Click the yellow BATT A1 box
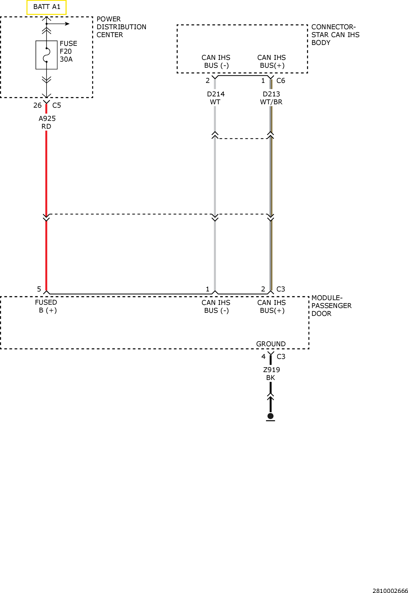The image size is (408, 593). tap(46, 7)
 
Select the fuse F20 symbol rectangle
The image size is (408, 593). tap(46, 55)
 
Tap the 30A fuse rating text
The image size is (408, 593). tap(66, 59)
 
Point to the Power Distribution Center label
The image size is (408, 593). tap(121, 27)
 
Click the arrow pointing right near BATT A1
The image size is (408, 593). tap(58, 24)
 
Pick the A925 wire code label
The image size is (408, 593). tap(47, 119)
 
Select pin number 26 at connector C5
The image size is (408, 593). tap(37, 105)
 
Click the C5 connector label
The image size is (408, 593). tap(57, 105)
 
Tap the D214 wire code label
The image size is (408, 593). tap(216, 94)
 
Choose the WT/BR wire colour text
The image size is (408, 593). tap(271, 102)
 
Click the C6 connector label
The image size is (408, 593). tap(281, 81)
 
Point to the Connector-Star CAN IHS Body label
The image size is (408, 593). tap(335, 35)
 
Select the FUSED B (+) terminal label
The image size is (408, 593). tap(46, 306)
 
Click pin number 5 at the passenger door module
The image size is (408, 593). tap(39, 289)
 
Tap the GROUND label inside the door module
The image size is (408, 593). tap(271, 344)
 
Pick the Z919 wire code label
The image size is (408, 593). tap(271, 370)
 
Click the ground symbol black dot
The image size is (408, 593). tap(270, 416)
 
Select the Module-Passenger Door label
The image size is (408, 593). tap(331, 306)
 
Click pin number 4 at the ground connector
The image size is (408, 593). tap(263, 357)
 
